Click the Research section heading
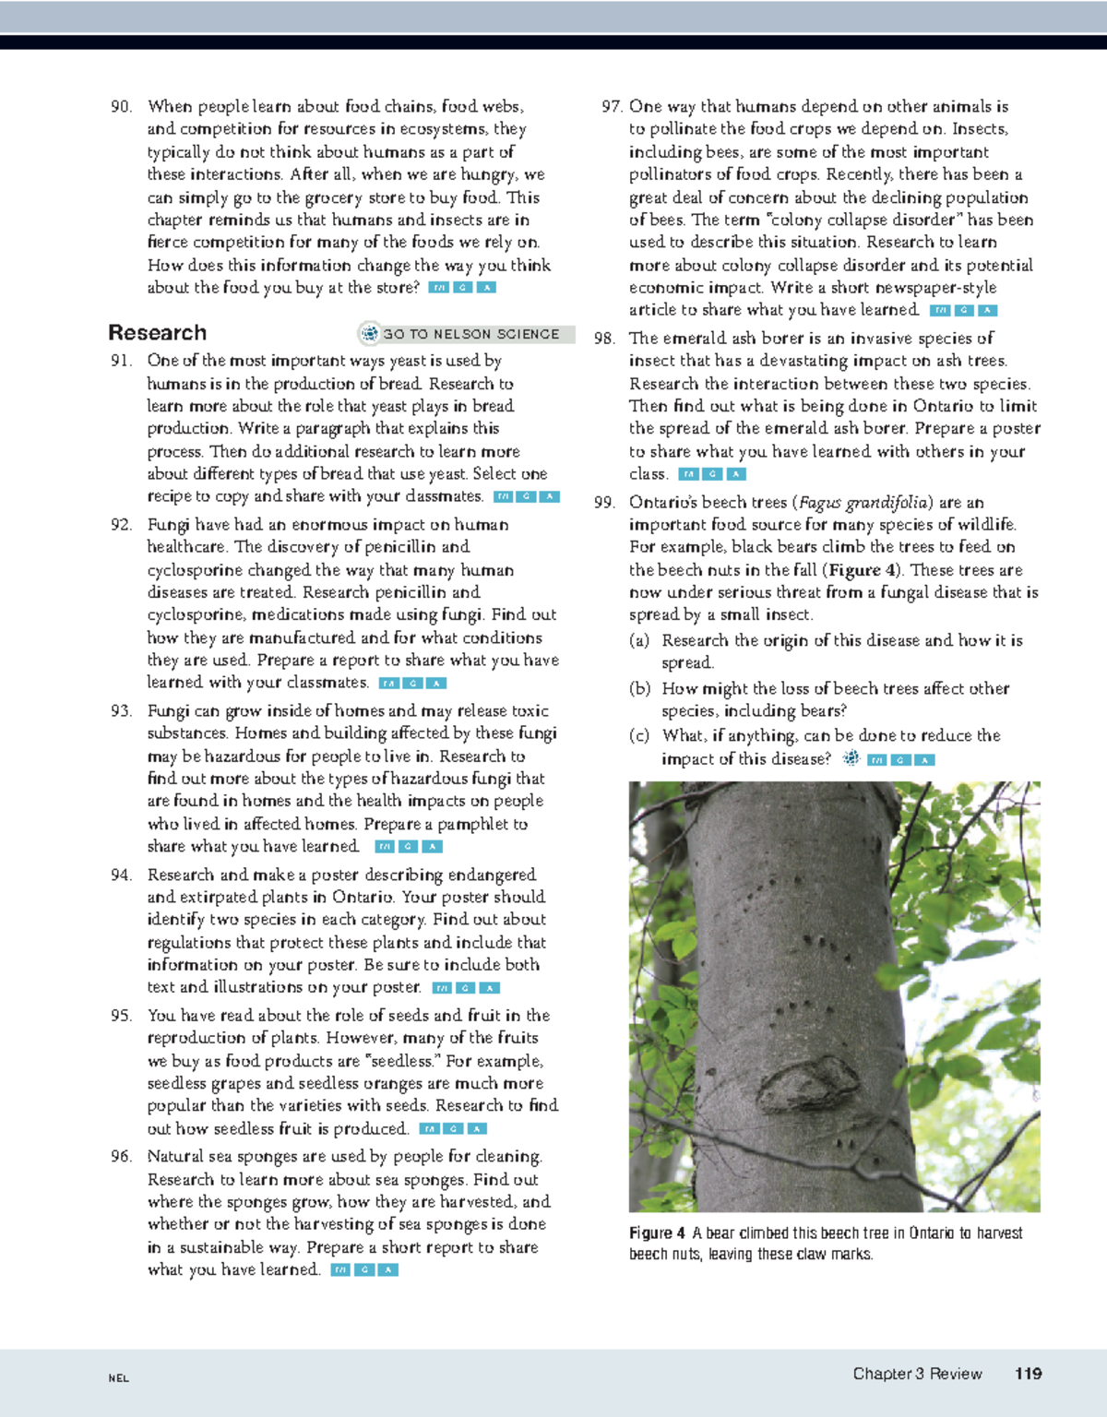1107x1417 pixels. (x=157, y=333)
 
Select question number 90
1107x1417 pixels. (x=121, y=107)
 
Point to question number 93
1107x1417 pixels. (x=121, y=711)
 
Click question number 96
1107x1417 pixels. (x=121, y=1157)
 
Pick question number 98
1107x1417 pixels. (x=604, y=339)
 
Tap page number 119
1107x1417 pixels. (x=1028, y=1374)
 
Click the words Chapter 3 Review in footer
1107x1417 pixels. (x=917, y=1374)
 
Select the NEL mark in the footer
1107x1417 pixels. (x=118, y=1378)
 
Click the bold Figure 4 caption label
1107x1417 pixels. (x=657, y=1233)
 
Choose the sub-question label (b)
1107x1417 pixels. (x=639, y=689)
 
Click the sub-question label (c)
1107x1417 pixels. (x=639, y=736)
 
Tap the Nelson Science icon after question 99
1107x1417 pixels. (x=851, y=758)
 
